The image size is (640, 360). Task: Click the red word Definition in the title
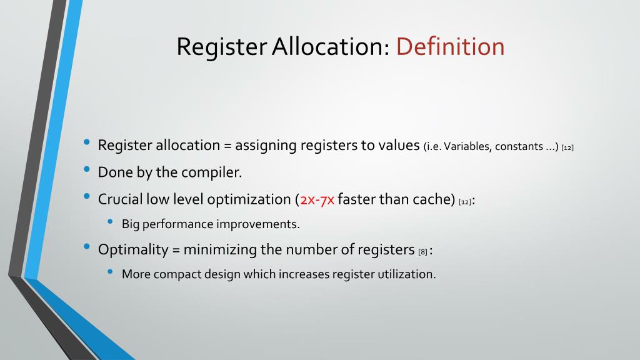click(x=450, y=47)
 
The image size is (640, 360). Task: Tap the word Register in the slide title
click(x=222, y=47)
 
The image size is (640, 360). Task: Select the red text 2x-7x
click(x=317, y=200)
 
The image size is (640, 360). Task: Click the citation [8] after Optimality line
click(x=422, y=251)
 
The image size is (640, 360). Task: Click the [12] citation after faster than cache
click(x=464, y=202)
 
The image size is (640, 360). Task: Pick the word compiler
click(x=212, y=172)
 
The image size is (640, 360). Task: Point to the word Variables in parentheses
click(x=467, y=147)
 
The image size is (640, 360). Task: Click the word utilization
click(x=407, y=274)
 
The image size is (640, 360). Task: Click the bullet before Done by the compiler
click(x=86, y=170)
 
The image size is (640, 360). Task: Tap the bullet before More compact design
click(x=111, y=272)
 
